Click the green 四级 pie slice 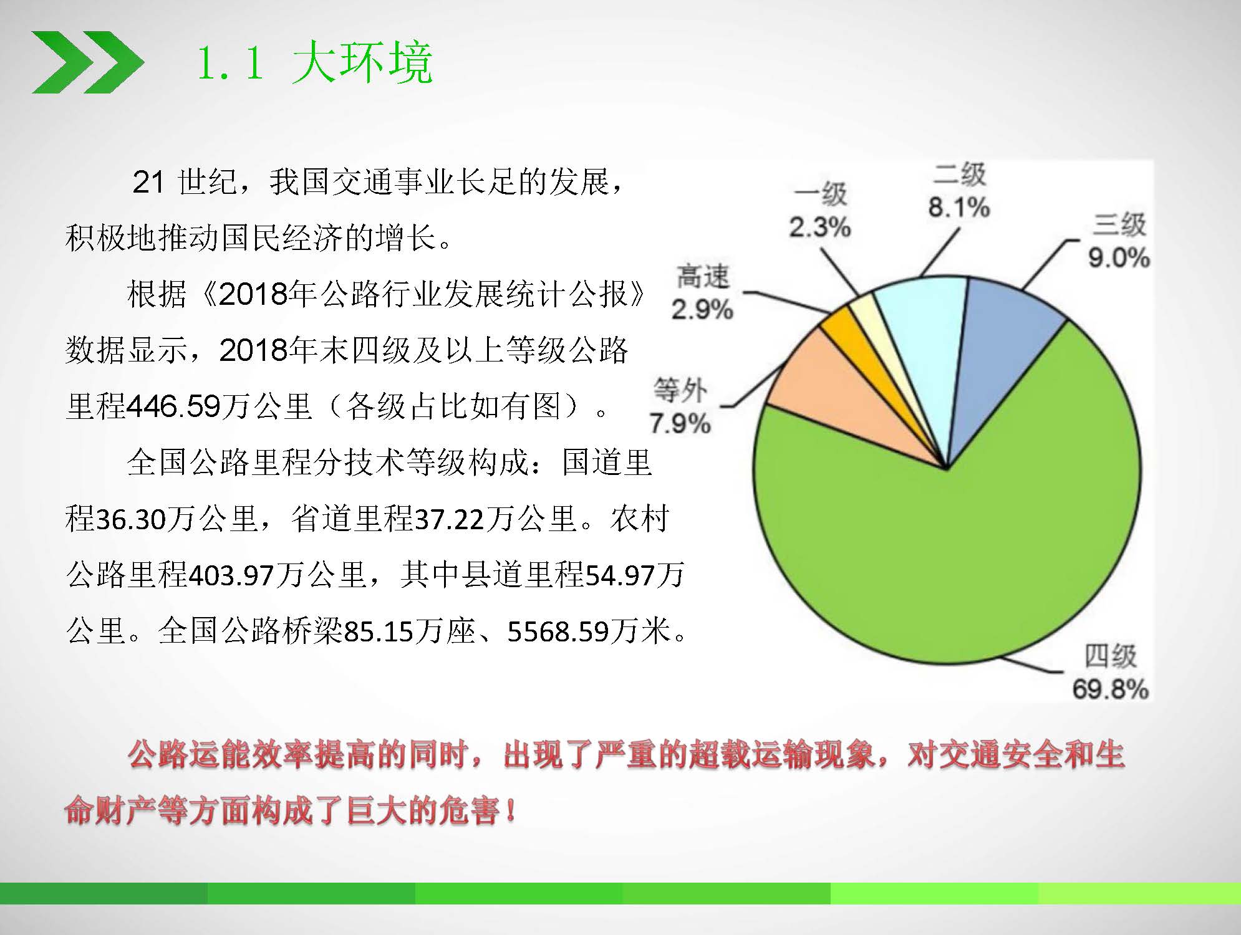(x=973, y=549)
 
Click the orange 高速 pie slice (x=854, y=349)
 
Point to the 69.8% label (x=1111, y=689)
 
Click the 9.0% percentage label (x=1119, y=257)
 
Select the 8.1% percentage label (x=959, y=207)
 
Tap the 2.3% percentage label (x=820, y=227)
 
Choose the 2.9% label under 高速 (x=702, y=309)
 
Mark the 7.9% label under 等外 (x=680, y=423)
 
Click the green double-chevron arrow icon (x=88, y=62)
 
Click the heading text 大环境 (x=362, y=62)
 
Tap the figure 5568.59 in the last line (x=558, y=631)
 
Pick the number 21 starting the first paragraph (x=148, y=183)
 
